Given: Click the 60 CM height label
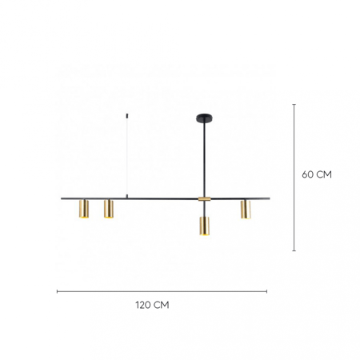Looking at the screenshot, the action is (x=317, y=174).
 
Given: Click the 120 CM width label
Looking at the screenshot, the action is (x=152, y=305).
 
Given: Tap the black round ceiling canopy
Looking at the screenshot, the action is (x=205, y=117).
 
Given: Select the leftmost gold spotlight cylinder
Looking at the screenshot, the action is (x=84, y=209).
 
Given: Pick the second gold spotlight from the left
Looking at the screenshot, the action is (x=109, y=209).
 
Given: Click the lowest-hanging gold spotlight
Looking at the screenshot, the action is (x=204, y=226).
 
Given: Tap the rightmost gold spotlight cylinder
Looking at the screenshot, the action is (x=246, y=210).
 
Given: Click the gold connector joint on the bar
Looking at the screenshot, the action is (x=204, y=199).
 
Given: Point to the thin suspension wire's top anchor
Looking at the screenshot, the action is (x=126, y=116).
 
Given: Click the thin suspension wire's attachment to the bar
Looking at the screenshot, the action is (x=126, y=197).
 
